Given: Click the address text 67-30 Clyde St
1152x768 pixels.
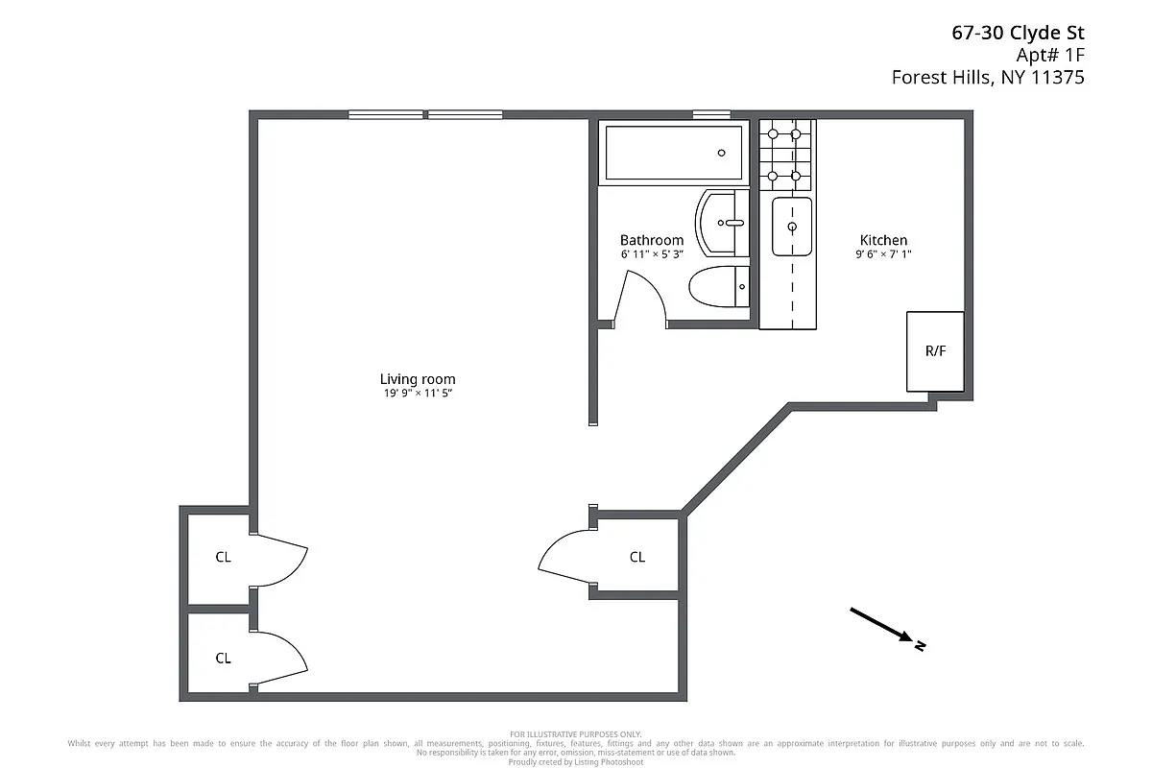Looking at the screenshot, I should click(x=1018, y=34).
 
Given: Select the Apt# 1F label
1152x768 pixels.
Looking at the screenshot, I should click(x=1050, y=56).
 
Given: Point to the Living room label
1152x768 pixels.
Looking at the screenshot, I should click(x=417, y=379).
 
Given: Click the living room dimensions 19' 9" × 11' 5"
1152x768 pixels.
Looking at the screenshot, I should click(x=417, y=394).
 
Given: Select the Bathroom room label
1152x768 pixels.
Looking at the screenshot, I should click(x=652, y=240).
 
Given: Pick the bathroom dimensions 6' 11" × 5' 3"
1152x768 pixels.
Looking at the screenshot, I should click(x=652, y=254).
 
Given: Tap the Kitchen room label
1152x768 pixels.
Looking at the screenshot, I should click(x=883, y=240).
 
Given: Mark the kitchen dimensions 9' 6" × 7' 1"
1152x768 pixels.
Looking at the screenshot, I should click(x=883, y=254).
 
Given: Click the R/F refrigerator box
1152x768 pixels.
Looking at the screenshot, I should click(x=935, y=351).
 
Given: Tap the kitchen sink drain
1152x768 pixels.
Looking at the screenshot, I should click(x=792, y=227).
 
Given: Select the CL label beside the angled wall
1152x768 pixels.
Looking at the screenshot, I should click(x=637, y=557).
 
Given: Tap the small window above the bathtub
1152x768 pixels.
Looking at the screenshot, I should click(x=711, y=114).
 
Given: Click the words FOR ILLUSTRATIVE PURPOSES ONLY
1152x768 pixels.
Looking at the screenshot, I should click(x=576, y=734).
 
